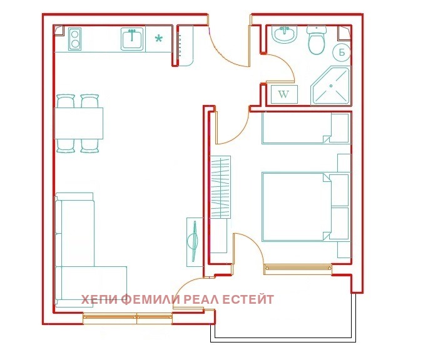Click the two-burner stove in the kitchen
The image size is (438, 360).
pos(75,39)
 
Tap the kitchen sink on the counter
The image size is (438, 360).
pos(132,39)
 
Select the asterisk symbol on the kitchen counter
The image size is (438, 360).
pos(158,39)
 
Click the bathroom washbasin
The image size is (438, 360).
pos(285,34)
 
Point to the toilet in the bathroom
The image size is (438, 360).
pos(317,39)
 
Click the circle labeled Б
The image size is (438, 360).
pos(342,52)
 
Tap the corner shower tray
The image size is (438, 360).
pos(330,86)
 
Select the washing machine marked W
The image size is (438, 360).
pos(284,94)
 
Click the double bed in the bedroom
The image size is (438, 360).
pos(305,206)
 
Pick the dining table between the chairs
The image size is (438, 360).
pos(78,123)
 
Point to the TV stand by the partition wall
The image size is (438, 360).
pos(195,242)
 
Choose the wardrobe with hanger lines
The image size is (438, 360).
pos(220,187)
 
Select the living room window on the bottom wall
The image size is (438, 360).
pos(128,318)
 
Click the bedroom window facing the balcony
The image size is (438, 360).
pos(298,269)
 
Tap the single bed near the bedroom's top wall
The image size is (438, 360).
pos(305,128)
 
